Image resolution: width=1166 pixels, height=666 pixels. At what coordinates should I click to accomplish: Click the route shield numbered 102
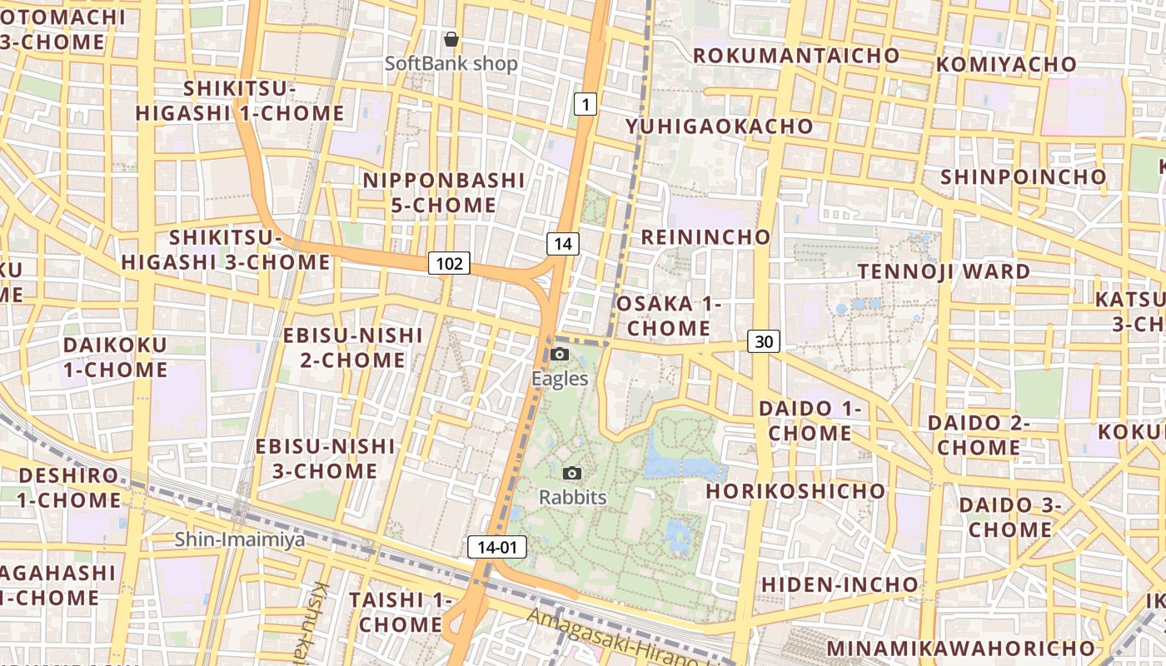pyautogui.click(x=449, y=264)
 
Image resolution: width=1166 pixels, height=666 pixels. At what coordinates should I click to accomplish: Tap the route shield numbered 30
pyautogui.click(x=764, y=340)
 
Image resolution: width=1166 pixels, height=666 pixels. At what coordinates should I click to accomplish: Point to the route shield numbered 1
pyautogui.click(x=585, y=104)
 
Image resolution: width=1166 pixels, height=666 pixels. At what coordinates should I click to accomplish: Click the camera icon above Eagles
pyautogui.click(x=560, y=355)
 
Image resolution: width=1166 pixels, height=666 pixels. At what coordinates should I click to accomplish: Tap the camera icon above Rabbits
pyautogui.click(x=571, y=474)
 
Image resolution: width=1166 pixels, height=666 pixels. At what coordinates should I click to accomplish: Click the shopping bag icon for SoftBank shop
pyautogui.click(x=451, y=39)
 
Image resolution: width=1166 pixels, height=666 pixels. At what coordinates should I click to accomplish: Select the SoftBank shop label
pyautogui.click(x=451, y=64)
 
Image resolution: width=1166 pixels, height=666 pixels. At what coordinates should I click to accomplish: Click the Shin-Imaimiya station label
pyautogui.click(x=240, y=539)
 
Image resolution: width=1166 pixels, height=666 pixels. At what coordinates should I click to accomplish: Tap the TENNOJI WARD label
pyautogui.click(x=944, y=271)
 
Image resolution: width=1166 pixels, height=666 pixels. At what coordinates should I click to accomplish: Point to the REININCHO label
pyautogui.click(x=705, y=236)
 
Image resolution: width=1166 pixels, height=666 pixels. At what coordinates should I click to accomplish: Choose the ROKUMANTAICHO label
pyautogui.click(x=796, y=56)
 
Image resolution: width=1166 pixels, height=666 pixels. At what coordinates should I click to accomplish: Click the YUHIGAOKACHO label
pyautogui.click(x=720, y=126)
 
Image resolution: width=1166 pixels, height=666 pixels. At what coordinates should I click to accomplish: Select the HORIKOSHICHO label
pyautogui.click(x=795, y=490)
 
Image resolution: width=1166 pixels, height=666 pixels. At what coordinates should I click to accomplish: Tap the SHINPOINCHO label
pyautogui.click(x=1023, y=176)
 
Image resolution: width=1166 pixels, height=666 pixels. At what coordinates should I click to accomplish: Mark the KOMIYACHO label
pyautogui.click(x=1006, y=64)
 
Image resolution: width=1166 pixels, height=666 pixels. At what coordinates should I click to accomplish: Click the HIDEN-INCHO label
pyautogui.click(x=840, y=584)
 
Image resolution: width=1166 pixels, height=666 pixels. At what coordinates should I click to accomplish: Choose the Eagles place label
pyautogui.click(x=560, y=379)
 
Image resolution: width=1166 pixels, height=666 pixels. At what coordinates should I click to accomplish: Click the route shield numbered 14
pyautogui.click(x=563, y=244)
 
